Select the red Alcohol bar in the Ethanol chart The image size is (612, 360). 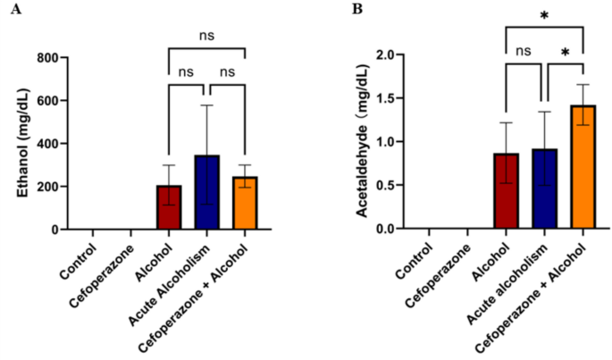[x=169, y=207]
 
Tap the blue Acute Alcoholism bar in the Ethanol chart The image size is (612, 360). [x=206, y=192]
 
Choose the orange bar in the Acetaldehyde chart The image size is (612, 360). [x=582, y=167]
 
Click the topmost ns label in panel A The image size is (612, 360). [x=206, y=37]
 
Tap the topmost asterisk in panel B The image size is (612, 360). [x=543, y=16]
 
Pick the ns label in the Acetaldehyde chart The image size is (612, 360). [x=524, y=52]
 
